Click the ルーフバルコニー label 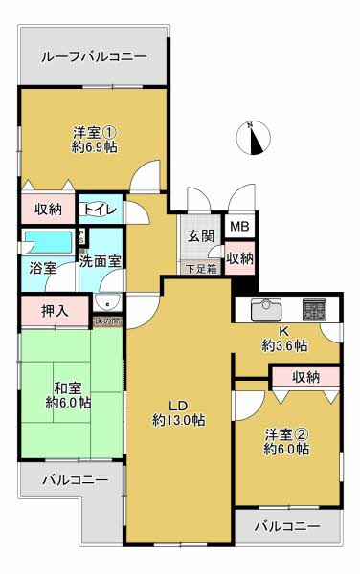coord(94,57)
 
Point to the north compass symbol coord(252,139)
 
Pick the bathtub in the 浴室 coord(48,240)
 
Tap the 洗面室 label coord(100,260)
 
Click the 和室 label coord(66,387)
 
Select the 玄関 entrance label coord(200,236)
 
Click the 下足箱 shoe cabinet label coord(200,268)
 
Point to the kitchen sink coord(265,309)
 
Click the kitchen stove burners coord(314,309)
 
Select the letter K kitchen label coord(283,331)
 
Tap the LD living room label coord(178,403)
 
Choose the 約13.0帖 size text coord(178,420)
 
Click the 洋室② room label coord(286,431)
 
